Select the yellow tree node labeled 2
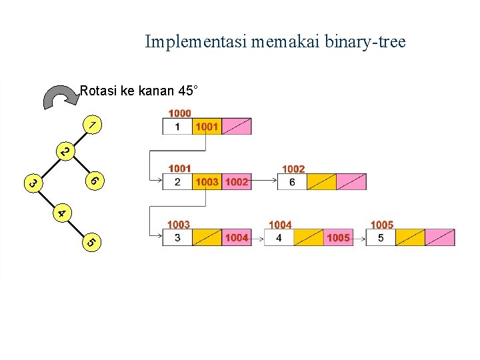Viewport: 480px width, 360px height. click(x=63, y=152)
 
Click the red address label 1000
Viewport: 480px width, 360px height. click(x=179, y=113)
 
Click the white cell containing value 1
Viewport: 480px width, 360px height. click(x=177, y=127)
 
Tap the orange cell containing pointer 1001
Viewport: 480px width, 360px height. click(x=207, y=127)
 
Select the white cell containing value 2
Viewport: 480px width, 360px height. click(x=177, y=181)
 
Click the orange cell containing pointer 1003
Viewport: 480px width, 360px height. click(x=207, y=181)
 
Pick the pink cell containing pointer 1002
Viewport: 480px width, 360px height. click(x=237, y=181)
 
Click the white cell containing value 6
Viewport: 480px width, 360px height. click(x=292, y=181)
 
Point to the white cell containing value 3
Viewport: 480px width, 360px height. click(x=177, y=237)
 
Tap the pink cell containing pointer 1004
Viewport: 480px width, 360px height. click(x=237, y=237)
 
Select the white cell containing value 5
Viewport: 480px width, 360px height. click(x=381, y=237)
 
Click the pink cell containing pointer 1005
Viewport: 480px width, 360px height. click(x=338, y=237)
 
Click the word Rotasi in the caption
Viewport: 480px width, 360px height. click(x=97, y=90)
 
